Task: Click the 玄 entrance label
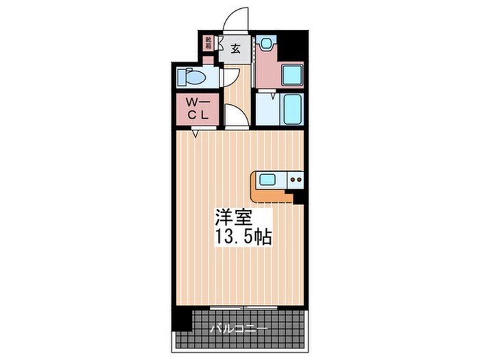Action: click(x=235, y=49)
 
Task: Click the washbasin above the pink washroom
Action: click(x=267, y=43)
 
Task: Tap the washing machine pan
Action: click(x=293, y=73)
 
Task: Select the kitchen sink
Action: click(x=267, y=180)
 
